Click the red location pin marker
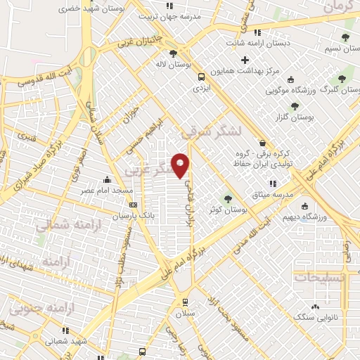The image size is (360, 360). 181,165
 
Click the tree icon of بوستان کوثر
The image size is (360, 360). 227,198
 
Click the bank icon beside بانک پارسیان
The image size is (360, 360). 134,205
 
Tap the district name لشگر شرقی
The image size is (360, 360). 210,131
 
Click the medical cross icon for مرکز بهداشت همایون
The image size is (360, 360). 245,60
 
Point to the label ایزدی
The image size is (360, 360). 202,89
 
